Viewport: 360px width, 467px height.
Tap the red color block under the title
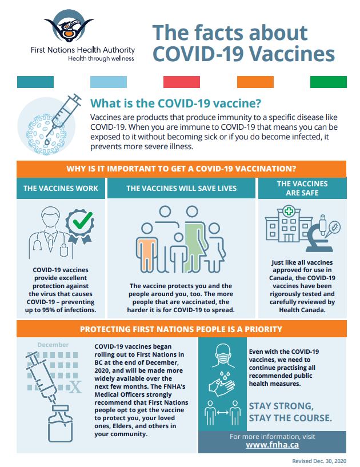click(x=181, y=82)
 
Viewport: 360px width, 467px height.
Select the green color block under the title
click(x=328, y=82)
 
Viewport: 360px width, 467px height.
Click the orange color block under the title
click(x=255, y=82)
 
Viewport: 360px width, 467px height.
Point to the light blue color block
click(x=108, y=82)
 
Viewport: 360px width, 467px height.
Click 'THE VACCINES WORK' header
click(x=61, y=188)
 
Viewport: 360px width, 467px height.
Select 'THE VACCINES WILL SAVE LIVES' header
click(x=181, y=188)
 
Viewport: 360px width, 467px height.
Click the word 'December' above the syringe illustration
click(x=53, y=345)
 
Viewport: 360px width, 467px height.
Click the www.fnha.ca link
click(x=271, y=444)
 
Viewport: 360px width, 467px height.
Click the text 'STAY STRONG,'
click(x=281, y=406)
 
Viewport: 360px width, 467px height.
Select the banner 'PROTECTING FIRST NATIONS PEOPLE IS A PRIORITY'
click(x=181, y=329)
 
